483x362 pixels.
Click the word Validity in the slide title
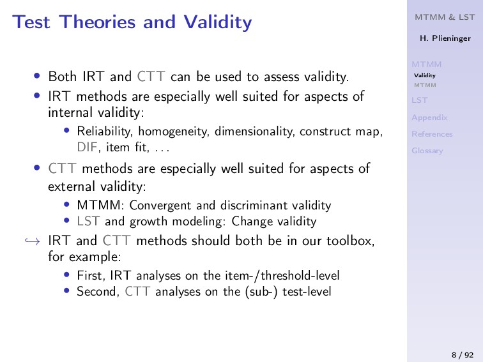click(218, 22)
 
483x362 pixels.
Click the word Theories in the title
click(97, 22)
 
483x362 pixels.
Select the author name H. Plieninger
click(445, 38)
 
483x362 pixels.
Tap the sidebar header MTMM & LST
click(445, 17)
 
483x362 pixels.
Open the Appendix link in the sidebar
click(429, 118)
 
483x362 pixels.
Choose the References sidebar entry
click(432, 134)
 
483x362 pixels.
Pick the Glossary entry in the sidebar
click(427, 151)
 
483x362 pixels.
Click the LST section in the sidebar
click(420, 100)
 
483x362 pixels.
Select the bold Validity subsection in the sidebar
click(425, 75)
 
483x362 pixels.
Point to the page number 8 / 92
click(463, 355)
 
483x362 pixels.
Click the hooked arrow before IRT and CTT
click(33, 241)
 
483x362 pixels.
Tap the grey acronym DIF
click(87, 147)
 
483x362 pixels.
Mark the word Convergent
click(160, 206)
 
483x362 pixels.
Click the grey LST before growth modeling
click(88, 222)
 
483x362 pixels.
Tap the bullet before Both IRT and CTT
click(37, 76)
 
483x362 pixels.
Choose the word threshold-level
click(300, 276)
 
